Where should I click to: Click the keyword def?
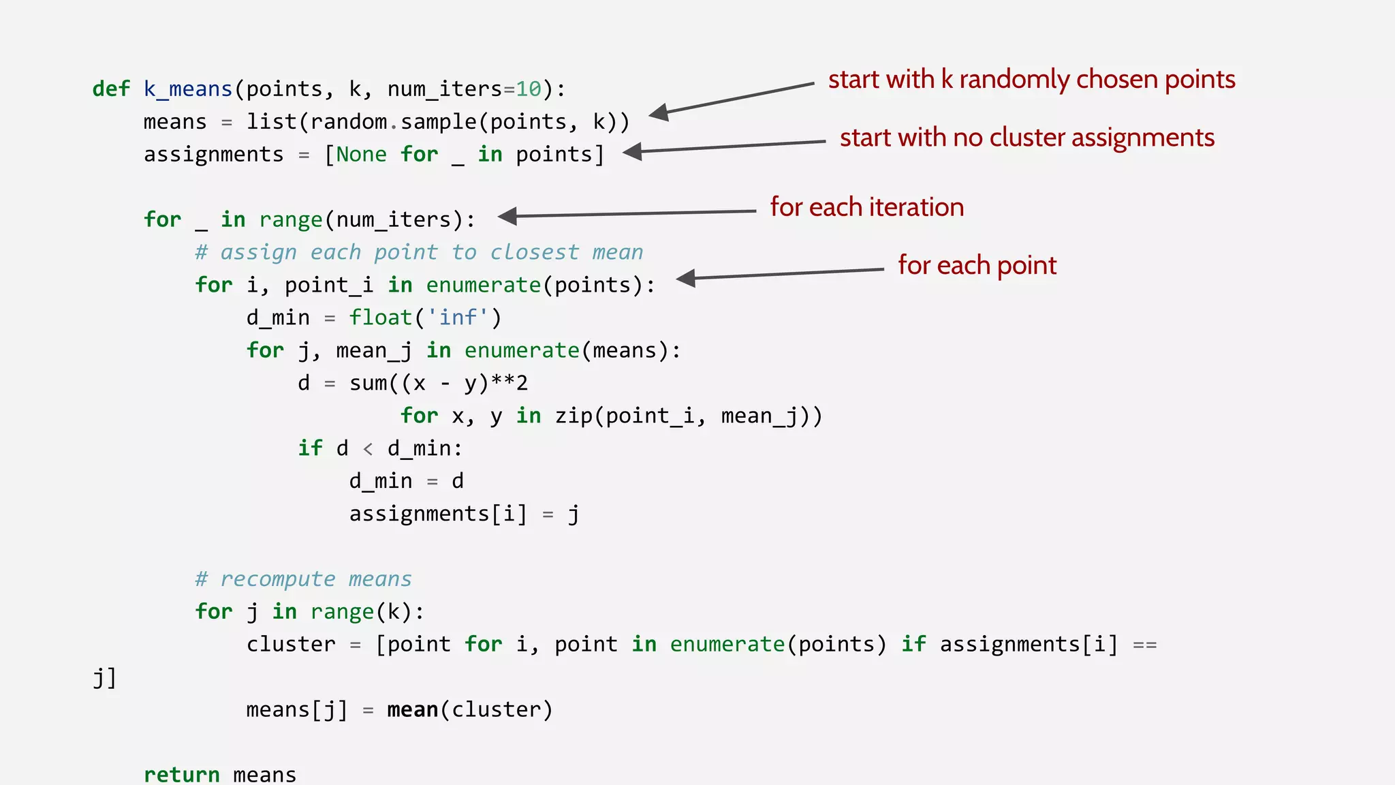pyautogui.click(x=110, y=89)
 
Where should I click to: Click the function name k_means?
pyautogui.click(x=188, y=89)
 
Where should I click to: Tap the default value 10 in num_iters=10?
pyautogui.click(x=529, y=89)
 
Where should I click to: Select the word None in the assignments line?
pyautogui.click(x=361, y=155)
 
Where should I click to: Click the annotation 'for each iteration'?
pyautogui.click(x=866, y=207)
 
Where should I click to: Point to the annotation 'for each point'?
pyautogui.click(x=977, y=265)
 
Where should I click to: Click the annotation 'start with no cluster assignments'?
pyautogui.click(x=1026, y=138)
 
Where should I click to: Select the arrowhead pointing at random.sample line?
pyautogui.click(x=659, y=113)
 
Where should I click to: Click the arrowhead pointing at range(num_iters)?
pyautogui.click(x=508, y=216)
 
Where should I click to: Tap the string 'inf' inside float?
pyautogui.click(x=458, y=318)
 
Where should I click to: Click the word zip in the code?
pyautogui.click(x=574, y=416)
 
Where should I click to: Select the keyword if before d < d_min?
pyautogui.click(x=310, y=448)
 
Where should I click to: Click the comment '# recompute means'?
pyautogui.click(x=303, y=579)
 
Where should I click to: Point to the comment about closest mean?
pyautogui.click(x=418, y=252)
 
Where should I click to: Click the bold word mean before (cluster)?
pyautogui.click(x=413, y=710)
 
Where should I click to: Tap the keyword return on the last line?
pyautogui.click(x=181, y=775)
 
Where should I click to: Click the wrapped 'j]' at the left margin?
pyautogui.click(x=104, y=677)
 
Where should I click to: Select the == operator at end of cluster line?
pyautogui.click(x=1144, y=645)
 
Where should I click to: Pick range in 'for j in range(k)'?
pyautogui.click(x=342, y=612)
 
